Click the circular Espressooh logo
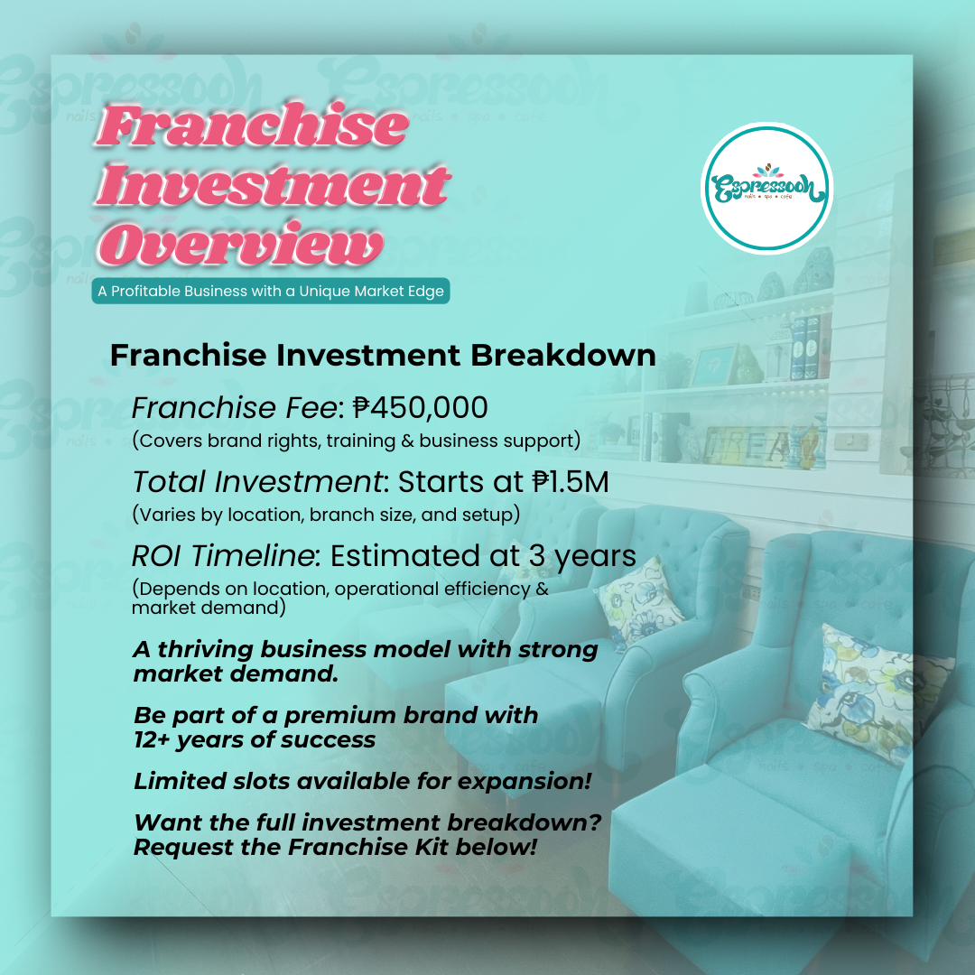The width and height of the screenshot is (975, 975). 766,188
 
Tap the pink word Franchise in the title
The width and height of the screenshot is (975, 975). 253,126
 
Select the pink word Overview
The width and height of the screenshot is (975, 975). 240,245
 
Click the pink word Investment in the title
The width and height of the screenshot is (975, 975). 273,185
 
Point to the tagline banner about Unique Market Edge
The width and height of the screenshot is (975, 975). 271,291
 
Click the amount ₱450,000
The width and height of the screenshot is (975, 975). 421,408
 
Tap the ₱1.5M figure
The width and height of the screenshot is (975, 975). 571,482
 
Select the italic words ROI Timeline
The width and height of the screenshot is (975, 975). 226,556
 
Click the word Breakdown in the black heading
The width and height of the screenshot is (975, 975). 562,356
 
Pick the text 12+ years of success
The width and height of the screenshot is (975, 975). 255,740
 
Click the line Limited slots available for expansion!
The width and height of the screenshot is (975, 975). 363,781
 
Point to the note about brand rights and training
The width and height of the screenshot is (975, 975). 357,441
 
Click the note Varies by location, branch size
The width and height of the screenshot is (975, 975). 327,515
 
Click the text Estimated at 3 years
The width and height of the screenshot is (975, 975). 483,556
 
